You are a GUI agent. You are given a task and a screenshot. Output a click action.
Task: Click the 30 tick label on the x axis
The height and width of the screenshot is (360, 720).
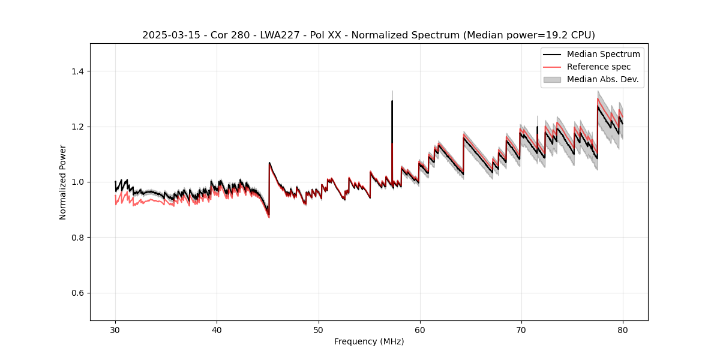click(115, 330)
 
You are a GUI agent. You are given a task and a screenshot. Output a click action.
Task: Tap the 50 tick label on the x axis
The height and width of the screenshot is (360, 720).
click(318, 330)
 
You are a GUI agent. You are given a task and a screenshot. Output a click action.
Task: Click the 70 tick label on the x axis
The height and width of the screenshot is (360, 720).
click(521, 330)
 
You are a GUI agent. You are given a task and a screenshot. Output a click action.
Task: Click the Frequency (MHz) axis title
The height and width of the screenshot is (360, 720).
click(369, 341)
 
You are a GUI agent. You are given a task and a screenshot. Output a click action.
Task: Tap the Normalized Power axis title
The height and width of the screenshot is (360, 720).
click(63, 182)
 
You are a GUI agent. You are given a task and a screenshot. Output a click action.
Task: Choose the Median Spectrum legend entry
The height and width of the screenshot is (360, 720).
click(603, 55)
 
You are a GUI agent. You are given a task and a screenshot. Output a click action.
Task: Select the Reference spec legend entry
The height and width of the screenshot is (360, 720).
click(598, 67)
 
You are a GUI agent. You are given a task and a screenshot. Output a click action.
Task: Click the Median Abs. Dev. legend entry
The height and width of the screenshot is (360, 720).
click(602, 79)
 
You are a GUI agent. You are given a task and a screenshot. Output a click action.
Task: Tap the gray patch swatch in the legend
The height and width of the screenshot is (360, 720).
click(552, 79)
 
